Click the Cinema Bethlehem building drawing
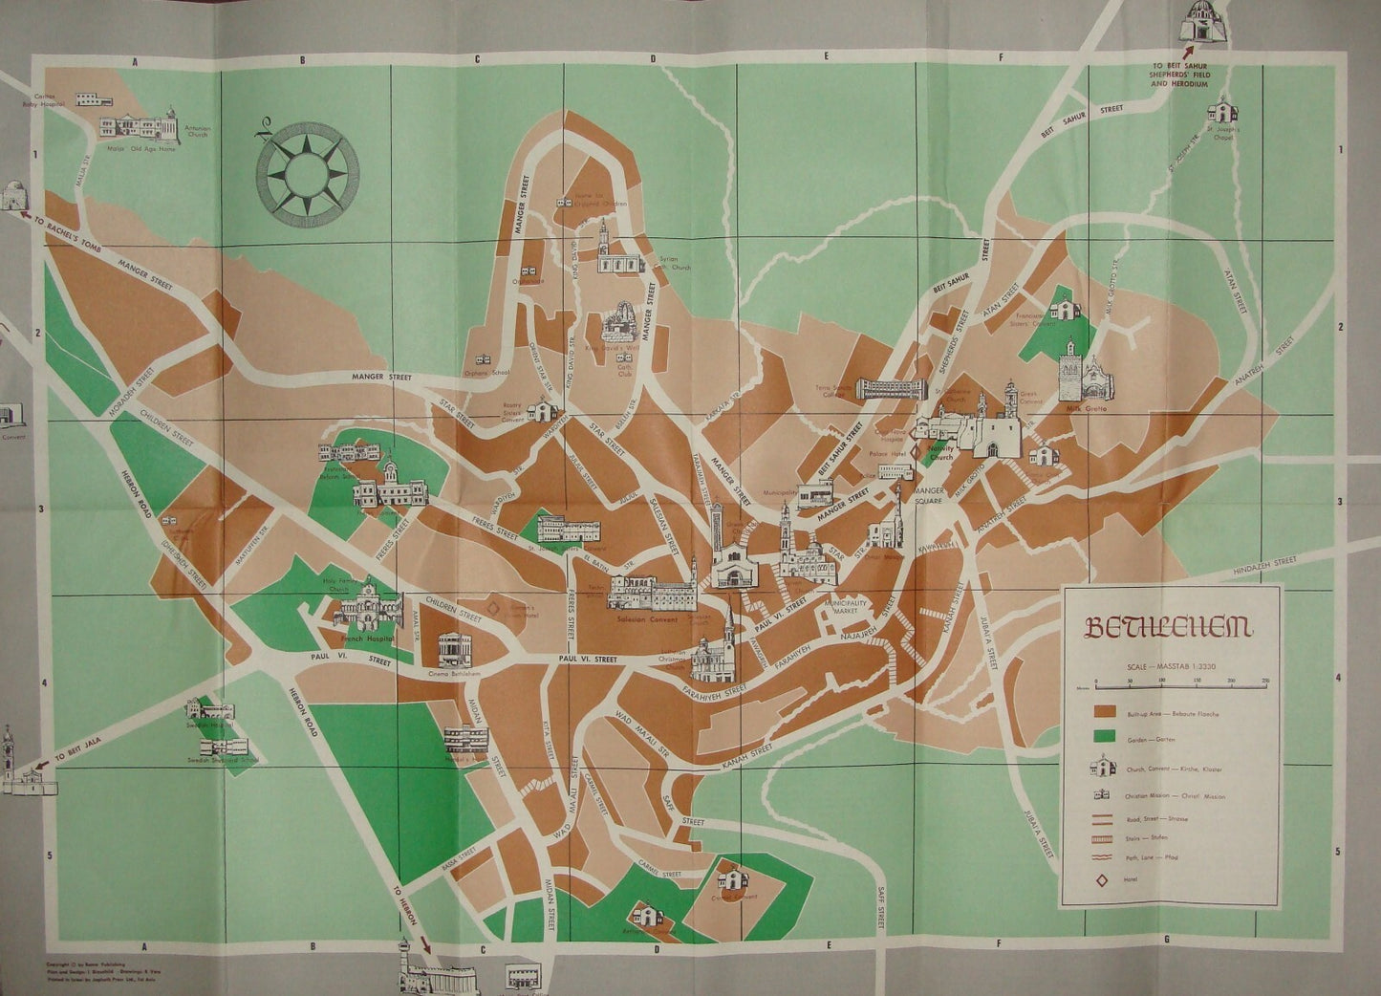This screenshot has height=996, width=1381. pos(454,651)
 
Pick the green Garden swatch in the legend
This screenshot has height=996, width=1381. pos(1107,735)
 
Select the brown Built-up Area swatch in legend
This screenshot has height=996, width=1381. pos(1107,712)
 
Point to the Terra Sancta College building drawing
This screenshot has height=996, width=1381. pos(891,388)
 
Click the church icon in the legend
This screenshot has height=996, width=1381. pos(1105,768)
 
